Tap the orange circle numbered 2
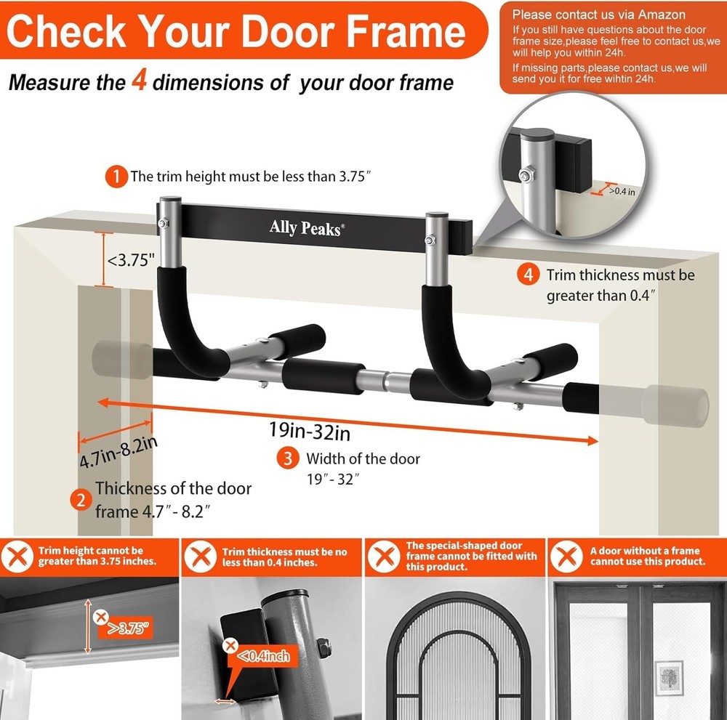[80, 499]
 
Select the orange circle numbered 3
[289, 458]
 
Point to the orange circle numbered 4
[529, 275]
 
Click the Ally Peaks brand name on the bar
[305, 227]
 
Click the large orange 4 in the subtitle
[140, 81]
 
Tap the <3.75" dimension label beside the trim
[132, 259]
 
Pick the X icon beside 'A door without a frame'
[566, 557]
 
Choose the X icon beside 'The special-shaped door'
[382, 557]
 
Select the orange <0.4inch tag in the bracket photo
[262, 657]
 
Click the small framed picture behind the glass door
[669, 675]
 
